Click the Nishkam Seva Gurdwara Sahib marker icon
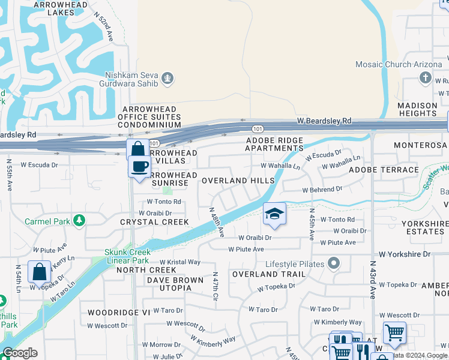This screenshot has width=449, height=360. [x=167, y=77]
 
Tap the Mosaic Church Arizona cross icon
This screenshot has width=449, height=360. [x=425, y=77]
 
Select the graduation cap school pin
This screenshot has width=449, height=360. [x=274, y=214]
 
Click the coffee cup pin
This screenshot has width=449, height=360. [x=139, y=166]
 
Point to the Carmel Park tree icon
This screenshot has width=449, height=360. [x=79, y=221]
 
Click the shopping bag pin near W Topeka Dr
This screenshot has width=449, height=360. [x=39, y=272]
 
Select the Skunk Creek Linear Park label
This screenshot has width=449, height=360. [x=127, y=256]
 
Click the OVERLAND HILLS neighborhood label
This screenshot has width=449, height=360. [x=238, y=181]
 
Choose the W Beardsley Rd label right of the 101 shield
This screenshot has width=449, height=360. [x=324, y=121]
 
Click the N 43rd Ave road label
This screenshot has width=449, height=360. [x=372, y=280]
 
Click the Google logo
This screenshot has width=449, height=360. [x=20, y=353]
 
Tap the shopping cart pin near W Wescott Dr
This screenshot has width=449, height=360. [x=394, y=332]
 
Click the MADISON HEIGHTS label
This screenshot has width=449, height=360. [x=417, y=109]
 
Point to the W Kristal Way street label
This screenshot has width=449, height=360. [x=179, y=262]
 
